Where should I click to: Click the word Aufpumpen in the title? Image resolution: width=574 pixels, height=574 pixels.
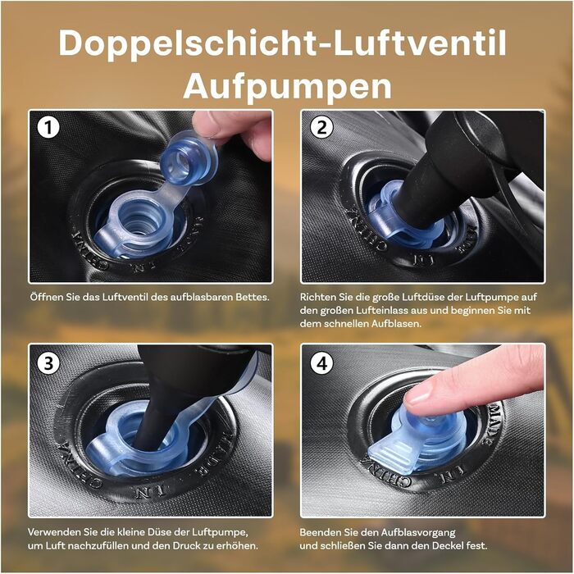287,87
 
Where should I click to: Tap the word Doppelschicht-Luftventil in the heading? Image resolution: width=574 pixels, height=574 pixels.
282,43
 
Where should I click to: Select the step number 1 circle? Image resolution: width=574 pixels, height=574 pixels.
48,128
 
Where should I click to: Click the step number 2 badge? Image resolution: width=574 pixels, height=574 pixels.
321,128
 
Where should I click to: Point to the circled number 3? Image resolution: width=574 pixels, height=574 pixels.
48,363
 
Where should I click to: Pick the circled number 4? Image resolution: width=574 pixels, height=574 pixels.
321,363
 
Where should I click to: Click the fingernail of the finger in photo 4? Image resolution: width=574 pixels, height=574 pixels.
418,395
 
